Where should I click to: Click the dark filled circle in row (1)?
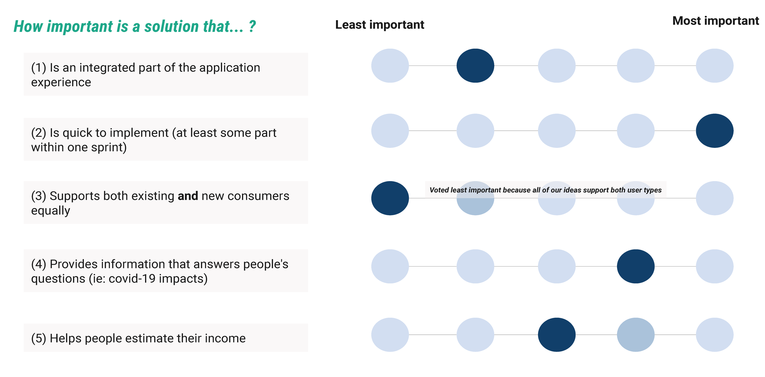click(x=475, y=65)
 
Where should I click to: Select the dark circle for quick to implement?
click(x=715, y=131)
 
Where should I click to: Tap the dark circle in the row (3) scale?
click(x=390, y=198)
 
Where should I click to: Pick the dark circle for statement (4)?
click(x=636, y=266)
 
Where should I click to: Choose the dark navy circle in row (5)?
click(x=557, y=334)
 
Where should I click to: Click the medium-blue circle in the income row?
click(x=636, y=334)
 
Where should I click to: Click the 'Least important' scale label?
click(x=379, y=24)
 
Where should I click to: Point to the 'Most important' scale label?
click(x=715, y=21)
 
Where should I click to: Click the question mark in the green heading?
click(x=252, y=26)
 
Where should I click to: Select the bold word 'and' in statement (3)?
click(x=188, y=196)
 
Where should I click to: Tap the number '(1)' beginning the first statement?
click(x=39, y=68)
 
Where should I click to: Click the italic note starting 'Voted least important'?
click(x=545, y=190)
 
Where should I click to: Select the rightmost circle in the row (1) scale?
click(x=715, y=65)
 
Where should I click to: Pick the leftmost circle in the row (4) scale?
click(x=390, y=266)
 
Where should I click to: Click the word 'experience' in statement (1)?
click(x=61, y=82)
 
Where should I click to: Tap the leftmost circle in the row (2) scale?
click(x=390, y=131)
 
